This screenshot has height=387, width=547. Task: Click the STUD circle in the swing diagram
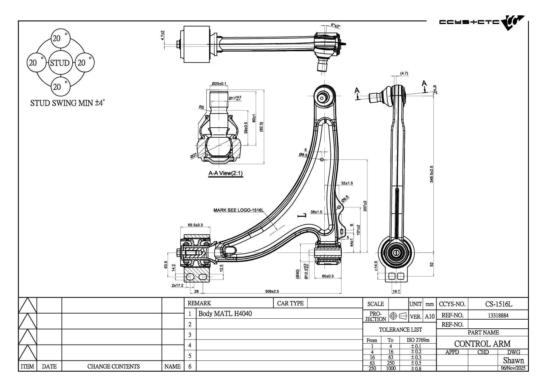(x=60, y=63)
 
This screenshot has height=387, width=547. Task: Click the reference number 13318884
(x=498, y=315)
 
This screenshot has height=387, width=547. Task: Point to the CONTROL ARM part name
(x=482, y=344)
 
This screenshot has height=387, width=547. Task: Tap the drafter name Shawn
(x=513, y=360)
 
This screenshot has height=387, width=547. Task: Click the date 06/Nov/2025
(x=513, y=368)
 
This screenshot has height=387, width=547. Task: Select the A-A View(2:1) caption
(x=225, y=174)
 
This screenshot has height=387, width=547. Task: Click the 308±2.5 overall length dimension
(x=272, y=291)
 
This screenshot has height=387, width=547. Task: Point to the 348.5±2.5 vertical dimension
(x=432, y=174)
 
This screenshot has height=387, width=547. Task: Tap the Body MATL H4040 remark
(x=225, y=314)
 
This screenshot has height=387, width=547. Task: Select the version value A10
(x=429, y=316)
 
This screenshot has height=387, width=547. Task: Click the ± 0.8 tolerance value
(x=416, y=368)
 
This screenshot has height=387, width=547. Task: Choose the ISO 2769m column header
(x=418, y=340)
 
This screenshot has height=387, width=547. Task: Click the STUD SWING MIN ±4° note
(x=67, y=103)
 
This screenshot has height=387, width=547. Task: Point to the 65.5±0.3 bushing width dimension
(x=195, y=225)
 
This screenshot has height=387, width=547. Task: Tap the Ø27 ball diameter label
(x=193, y=156)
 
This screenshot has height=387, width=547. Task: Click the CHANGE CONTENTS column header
(x=113, y=366)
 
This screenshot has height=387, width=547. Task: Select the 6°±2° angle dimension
(x=336, y=26)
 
